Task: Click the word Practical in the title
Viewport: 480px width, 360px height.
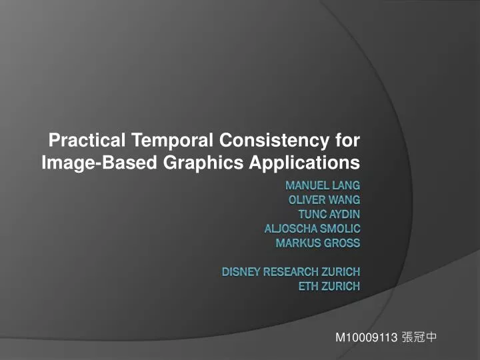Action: [89, 141]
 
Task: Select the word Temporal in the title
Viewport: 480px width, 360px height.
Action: [173, 141]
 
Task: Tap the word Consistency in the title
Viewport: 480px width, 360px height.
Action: [273, 141]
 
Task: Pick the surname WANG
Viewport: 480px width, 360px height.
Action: [346, 199]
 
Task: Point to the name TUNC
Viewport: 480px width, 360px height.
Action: [312, 214]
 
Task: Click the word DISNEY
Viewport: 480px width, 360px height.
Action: [241, 272]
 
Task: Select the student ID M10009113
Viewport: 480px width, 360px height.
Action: [366, 337]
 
